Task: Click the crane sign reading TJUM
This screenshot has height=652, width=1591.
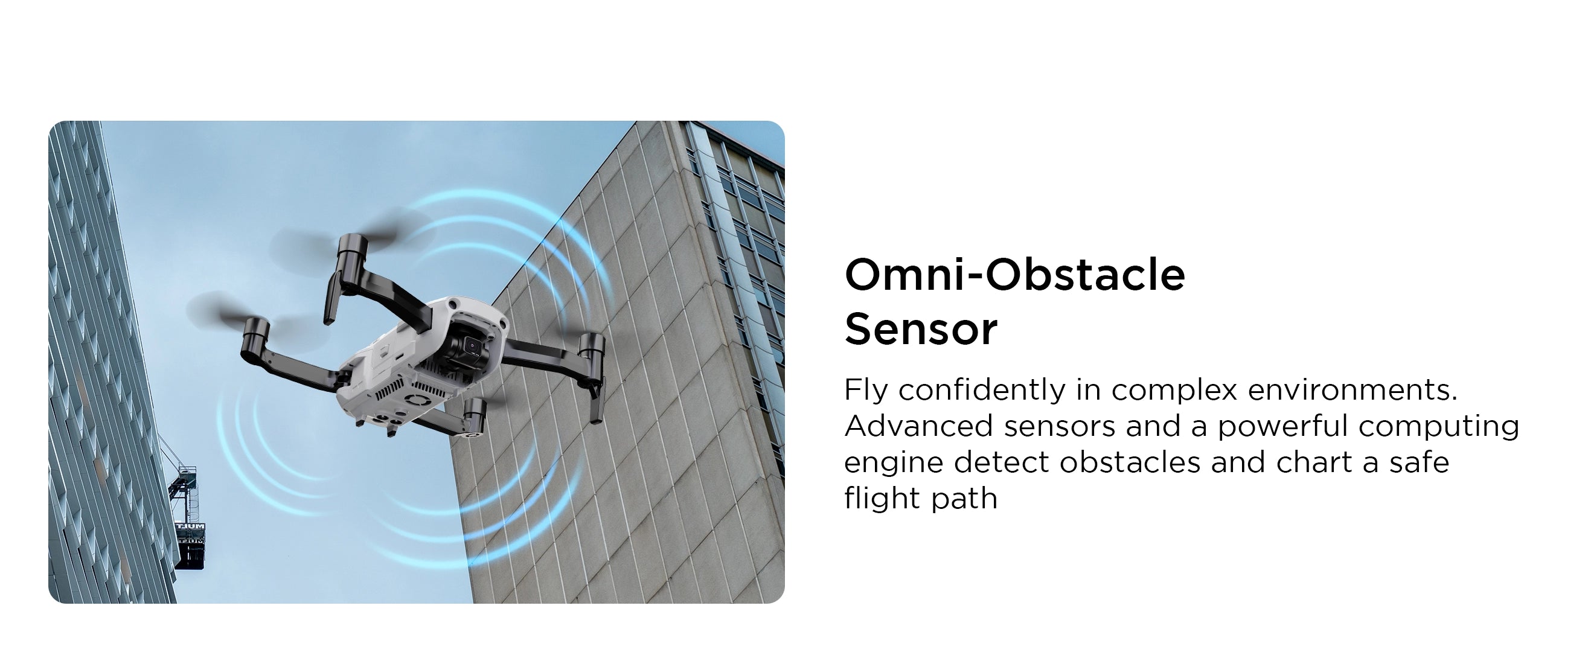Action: coord(190,526)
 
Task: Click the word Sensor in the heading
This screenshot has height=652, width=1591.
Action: coord(920,329)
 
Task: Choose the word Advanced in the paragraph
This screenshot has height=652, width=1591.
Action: coord(918,426)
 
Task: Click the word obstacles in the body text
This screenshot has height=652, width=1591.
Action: coord(1130,462)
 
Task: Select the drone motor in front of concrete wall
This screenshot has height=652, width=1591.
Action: coord(592,350)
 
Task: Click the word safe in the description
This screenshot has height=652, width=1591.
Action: coord(1419,462)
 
